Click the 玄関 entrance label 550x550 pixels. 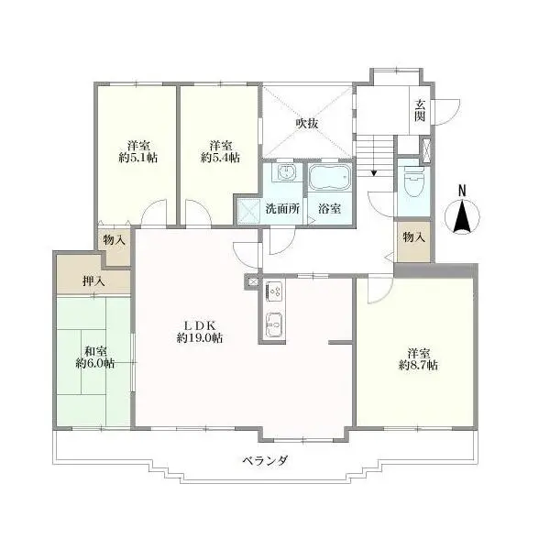click(x=420, y=110)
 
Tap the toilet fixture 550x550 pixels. click(x=414, y=181)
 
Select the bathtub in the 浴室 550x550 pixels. click(x=330, y=177)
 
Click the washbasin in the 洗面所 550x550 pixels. click(x=287, y=172)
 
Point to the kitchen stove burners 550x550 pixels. click(x=274, y=291)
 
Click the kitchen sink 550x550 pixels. click(x=274, y=324)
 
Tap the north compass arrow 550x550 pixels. click(x=462, y=216)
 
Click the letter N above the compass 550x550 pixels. click(x=462, y=192)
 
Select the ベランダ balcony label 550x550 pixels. click(x=266, y=460)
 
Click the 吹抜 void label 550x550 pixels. click(x=307, y=123)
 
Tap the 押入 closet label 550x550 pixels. click(x=93, y=281)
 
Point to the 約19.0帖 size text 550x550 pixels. click(x=199, y=337)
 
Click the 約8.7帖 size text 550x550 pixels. click(x=418, y=365)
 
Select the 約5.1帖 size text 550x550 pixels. click(x=137, y=158)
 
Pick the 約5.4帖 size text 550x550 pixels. click(x=220, y=158)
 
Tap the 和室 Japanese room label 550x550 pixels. click(x=95, y=351)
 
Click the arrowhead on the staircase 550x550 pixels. click(x=374, y=172)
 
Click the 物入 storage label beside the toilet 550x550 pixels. click(x=414, y=237)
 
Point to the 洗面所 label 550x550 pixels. click(x=282, y=209)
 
